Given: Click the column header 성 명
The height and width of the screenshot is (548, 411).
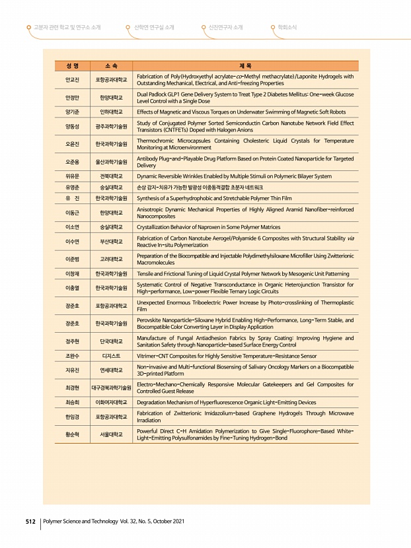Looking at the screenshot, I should pos(73,66).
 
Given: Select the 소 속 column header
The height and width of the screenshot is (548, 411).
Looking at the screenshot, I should pos(112,66).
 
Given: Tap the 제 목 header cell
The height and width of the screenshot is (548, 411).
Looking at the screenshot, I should pos(245,66).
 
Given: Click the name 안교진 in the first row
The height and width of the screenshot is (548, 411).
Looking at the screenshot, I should pos(73,80).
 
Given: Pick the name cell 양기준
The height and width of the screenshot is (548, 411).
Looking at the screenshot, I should pos(73,112).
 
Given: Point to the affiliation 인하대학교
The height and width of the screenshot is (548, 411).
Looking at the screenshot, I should pos(112,112).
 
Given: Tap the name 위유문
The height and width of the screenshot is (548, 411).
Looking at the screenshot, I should pos(73,177).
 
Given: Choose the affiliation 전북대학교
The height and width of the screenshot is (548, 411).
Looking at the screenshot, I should pos(112,177).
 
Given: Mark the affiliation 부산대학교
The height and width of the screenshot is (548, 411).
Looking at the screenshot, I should pos(112,242).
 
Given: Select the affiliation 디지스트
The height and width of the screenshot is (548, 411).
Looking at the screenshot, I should pos(112,356).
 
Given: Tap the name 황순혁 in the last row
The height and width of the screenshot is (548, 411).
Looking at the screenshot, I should pos(73,434).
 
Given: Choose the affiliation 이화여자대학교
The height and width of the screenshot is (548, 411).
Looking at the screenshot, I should pos(112,402).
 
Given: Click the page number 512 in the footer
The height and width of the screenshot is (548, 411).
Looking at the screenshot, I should pos(30,522).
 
